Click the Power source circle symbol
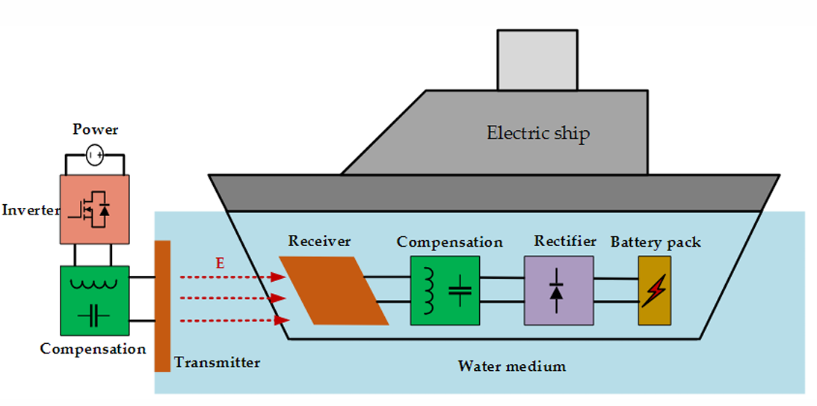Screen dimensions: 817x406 pos(94,156)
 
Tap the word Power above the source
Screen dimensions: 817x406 pos(96,130)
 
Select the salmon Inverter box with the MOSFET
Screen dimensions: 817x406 pos(94,209)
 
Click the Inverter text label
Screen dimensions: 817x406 pos(31,211)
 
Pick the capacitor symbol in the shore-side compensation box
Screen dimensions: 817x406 pos(94,316)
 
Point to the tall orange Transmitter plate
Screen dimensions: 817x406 pos(162,306)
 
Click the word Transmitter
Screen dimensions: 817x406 pos(217,362)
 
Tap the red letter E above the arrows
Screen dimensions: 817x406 pos(221,264)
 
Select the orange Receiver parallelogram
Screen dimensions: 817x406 pos(334,290)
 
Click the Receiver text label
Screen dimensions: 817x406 pos(319,242)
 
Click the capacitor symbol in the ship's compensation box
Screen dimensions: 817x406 pos(460,290)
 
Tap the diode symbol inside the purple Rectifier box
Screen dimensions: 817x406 pos(556,291)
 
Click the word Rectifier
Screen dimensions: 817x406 pos(565,242)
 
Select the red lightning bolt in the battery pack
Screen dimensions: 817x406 pos(653,292)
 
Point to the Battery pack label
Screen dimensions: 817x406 pos(656,242)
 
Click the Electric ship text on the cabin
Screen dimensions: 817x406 pos(538,133)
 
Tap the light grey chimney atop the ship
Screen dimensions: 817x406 pos(537,60)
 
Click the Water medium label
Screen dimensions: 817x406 pos(512,366)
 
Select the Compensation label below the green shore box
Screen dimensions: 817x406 pos(93,348)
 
